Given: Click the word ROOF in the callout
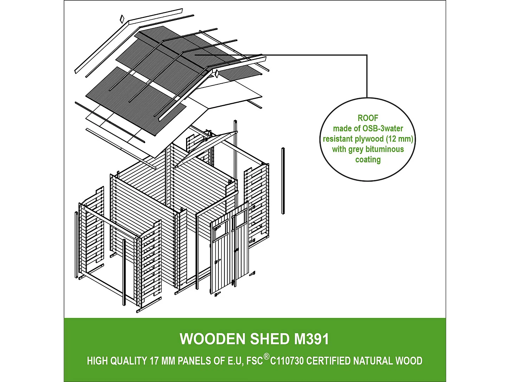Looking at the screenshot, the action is coord(368,118).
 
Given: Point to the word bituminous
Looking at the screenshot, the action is coord(385,149).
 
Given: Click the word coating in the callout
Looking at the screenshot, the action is coord(368,160).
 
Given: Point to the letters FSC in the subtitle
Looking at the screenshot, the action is coord(255,361).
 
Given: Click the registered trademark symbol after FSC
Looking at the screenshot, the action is coord(267,357).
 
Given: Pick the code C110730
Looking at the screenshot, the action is coord(287,361).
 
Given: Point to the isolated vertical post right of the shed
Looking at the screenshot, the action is coord(283,181).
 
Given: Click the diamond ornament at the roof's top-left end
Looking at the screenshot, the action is coord(122,18).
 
